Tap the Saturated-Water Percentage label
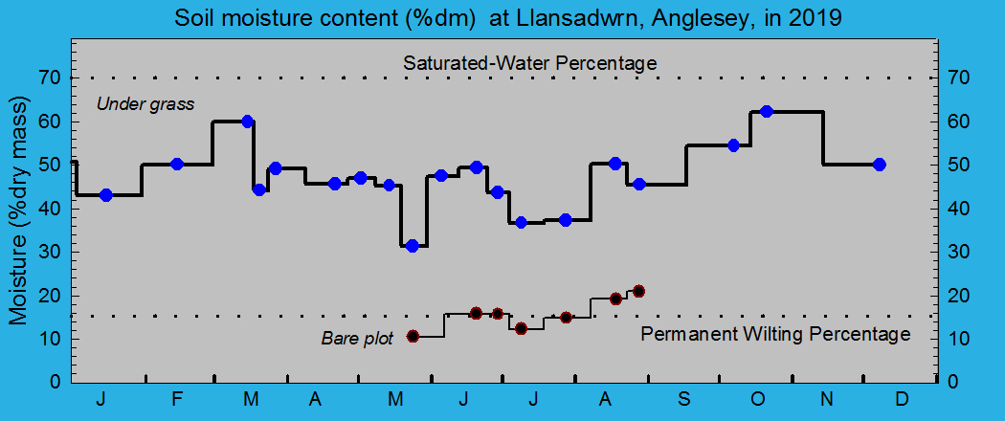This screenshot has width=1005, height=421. point(529,63)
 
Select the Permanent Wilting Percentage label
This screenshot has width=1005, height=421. point(775,334)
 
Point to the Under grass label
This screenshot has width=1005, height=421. point(145,103)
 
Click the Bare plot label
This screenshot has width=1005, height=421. point(357,338)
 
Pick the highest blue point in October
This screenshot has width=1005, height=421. point(766,112)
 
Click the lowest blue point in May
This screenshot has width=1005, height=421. point(413,246)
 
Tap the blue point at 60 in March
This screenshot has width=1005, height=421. point(247,122)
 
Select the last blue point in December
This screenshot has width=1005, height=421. point(880,165)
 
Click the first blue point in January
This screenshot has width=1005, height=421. point(106,195)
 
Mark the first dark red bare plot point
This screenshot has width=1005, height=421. point(413,336)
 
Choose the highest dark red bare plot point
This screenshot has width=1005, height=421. point(638,291)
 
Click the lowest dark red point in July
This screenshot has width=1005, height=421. point(521,328)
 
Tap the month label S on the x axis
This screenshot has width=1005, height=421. point(683,399)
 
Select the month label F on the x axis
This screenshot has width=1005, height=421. point(177,399)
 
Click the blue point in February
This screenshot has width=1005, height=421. point(176,164)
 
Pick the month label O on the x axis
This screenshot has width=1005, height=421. point(756,399)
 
